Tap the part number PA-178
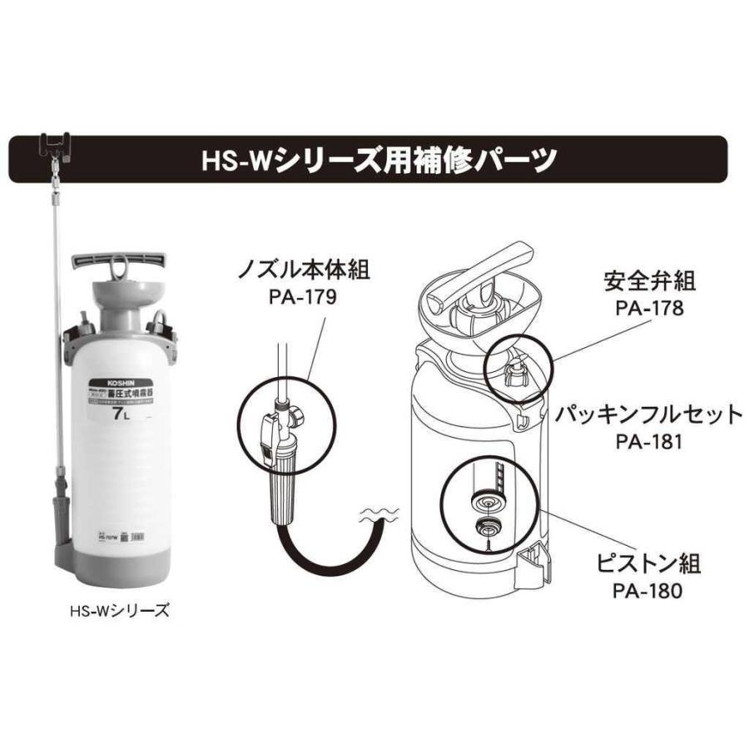(x=649, y=308)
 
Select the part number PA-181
(x=649, y=441)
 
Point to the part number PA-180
(x=649, y=591)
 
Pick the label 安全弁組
(x=649, y=281)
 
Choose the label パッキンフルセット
(x=649, y=414)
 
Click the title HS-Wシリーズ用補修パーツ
(x=379, y=159)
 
